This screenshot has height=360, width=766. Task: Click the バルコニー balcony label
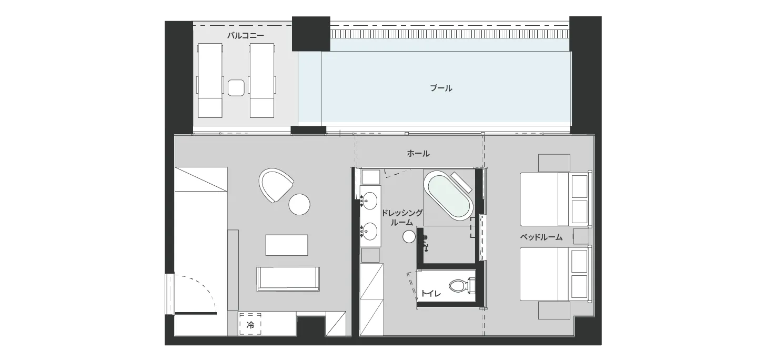coord(246,35)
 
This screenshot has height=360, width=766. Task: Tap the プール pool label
coord(441,88)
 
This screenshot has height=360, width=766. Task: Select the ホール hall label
coord(418,153)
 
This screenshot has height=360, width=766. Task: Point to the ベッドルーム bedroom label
coord(541,237)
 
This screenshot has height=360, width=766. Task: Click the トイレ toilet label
coord(431,293)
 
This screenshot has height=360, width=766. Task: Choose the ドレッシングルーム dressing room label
coord(402,217)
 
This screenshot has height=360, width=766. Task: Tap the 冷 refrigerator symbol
coord(250,325)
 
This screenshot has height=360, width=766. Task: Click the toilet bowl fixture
coord(462,286)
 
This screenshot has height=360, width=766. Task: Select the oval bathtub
coord(448,197)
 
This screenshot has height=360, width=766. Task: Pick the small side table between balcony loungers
coord(236,87)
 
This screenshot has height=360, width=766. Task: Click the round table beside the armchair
coord(299,204)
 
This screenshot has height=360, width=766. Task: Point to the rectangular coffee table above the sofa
coord(287,245)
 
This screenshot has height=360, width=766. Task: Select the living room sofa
coord(288,279)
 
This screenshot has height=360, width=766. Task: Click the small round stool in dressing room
coord(409,236)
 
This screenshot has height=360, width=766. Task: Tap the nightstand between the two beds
coord(581,236)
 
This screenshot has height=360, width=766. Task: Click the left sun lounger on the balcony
coord(209,81)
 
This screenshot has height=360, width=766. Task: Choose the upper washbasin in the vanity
coord(370,200)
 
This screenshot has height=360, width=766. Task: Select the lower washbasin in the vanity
coord(370,231)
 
